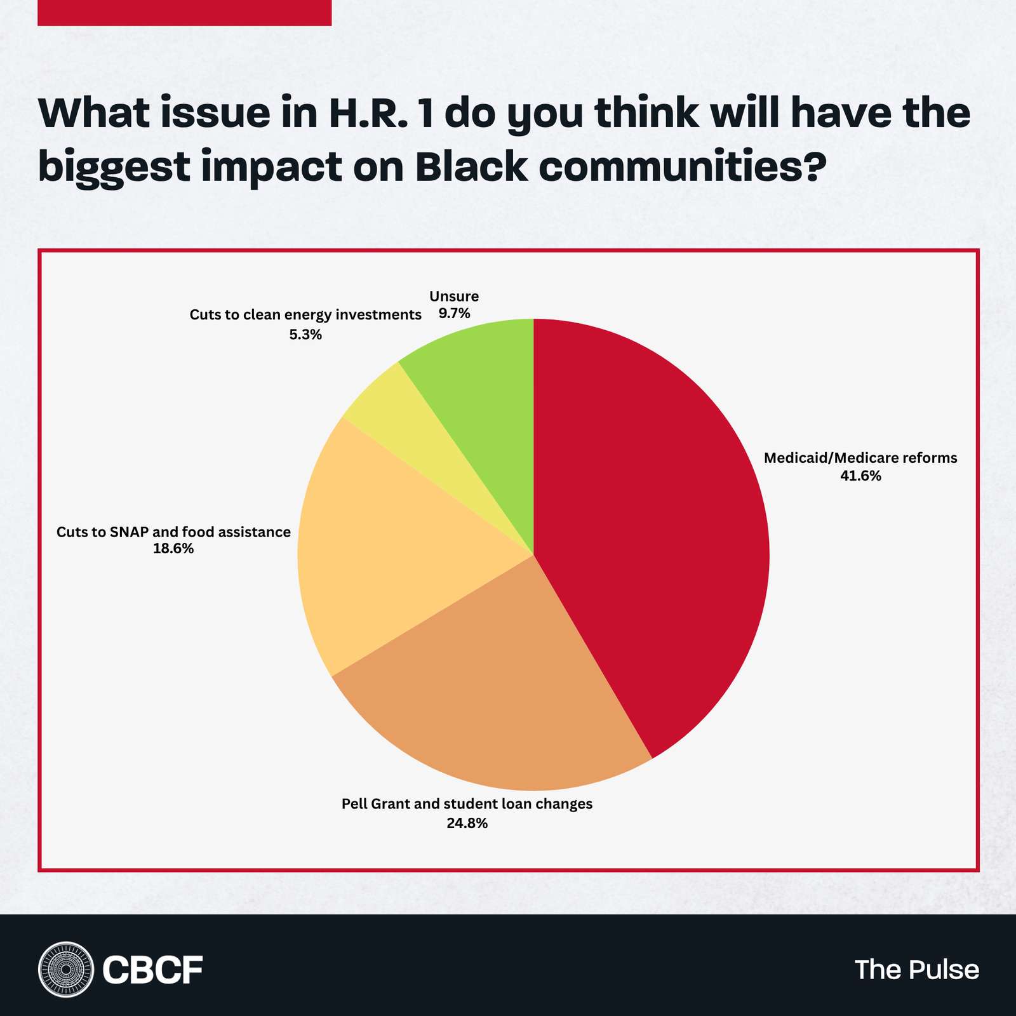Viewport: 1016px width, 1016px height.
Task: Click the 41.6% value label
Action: pyautogui.click(x=860, y=476)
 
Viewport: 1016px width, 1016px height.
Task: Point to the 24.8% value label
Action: pyautogui.click(x=467, y=824)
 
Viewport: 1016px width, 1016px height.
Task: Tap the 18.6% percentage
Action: pyautogui.click(x=173, y=549)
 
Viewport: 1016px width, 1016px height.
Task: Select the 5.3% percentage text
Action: pyautogui.click(x=305, y=334)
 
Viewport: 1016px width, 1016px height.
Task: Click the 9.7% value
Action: pyautogui.click(x=454, y=313)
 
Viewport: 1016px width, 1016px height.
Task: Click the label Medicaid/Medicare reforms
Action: pyautogui.click(x=860, y=458)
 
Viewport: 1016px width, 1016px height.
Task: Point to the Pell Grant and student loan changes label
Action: pyautogui.click(x=467, y=804)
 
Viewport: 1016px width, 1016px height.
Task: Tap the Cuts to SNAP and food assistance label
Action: pyautogui.click(x=173, y=531)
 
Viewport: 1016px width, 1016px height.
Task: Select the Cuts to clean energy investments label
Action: pyautogui.click(x=305, y=315)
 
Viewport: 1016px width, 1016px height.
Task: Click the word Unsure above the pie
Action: pyautogui.click(x=454, y=296)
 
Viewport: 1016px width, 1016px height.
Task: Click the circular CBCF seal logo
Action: pyautogui.click(x=65, y=969)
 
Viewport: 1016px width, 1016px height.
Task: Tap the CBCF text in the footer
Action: pyautogui.click(x=152, y=970)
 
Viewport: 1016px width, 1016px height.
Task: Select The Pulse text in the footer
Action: pyautogui.click(x=916, y=970)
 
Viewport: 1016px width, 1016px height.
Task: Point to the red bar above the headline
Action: pyautogui.click(x=184, y=13)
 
